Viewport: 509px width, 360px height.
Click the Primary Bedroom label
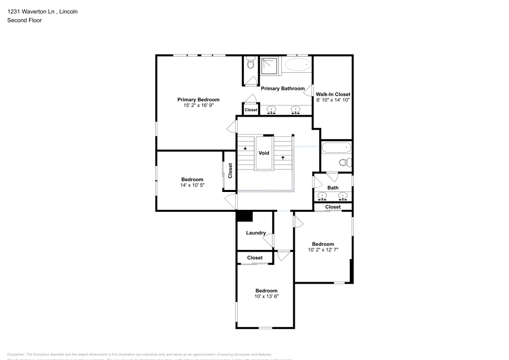point(198,99)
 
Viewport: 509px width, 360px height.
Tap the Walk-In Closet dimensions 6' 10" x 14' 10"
point(332,100)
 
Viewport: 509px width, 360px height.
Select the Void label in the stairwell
point(264,153)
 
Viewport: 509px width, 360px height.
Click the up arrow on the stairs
point(282,157)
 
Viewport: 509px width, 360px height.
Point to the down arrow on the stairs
point(245,149)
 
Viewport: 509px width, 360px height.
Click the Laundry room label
point(256,233)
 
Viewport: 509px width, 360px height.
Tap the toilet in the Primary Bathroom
point(250,64)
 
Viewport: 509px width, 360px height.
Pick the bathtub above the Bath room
point(336,148)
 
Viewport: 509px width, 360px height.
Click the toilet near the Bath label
point(345,163)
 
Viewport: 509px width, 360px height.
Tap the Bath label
point(332,188)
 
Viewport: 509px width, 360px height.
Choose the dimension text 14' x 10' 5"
point(192,185)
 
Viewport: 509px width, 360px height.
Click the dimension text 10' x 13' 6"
point(266,296)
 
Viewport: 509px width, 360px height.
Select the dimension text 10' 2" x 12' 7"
point(323,250)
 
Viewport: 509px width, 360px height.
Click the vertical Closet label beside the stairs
point(230,170)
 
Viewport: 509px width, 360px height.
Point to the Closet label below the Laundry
point(254,258)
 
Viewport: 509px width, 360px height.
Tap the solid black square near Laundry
point(244,216)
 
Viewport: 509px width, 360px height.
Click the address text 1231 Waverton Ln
point(29,11)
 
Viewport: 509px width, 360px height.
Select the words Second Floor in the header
point(24,20)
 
